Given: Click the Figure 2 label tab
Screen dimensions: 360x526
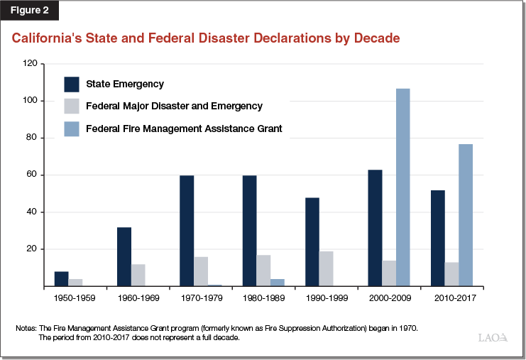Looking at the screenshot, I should (x=29, y=11).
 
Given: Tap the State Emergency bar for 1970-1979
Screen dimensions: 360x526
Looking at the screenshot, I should (x=187, y=231).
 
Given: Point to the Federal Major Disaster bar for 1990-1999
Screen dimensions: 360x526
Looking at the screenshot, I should (x=327, y=269).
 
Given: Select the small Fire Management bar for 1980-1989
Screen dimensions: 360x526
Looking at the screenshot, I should (x=278, y=283).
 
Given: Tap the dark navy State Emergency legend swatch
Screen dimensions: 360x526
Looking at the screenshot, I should (x=72, y=84).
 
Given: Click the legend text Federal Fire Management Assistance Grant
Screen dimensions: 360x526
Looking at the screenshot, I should (x=184, y=129).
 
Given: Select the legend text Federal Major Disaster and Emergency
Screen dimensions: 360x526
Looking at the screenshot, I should (x=174, y=107).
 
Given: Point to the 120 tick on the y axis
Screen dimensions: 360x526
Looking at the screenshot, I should (x=29, y=63).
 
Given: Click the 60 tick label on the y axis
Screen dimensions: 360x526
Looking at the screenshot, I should (x=31, y=175).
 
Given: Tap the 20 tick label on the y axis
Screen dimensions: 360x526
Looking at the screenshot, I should (x=31, y=249).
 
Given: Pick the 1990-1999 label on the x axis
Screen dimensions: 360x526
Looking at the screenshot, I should (x=327, y=299).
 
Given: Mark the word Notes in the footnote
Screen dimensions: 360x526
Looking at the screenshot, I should (x=26, y=328).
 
